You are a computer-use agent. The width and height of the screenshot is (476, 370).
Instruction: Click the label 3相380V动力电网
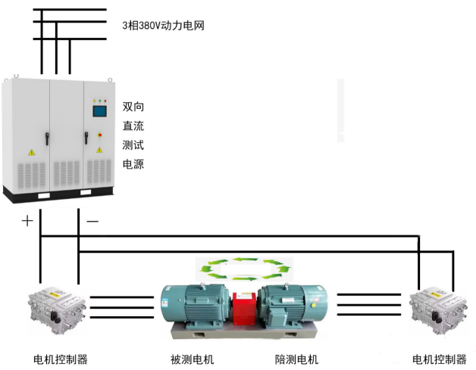[x=163, y=25]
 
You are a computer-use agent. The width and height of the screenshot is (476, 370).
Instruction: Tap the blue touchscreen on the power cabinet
[x=100, y=112]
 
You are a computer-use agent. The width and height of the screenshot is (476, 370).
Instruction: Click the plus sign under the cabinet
[x=27, y=221]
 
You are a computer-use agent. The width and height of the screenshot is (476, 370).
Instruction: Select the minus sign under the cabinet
[x=92, y=221]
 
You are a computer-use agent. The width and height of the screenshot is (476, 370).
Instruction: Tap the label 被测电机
[x=193, y=359]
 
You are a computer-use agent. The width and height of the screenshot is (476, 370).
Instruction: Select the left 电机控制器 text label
[x=61, y=359]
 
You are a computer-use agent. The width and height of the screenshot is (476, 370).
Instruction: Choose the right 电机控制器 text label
[x=439, y=359]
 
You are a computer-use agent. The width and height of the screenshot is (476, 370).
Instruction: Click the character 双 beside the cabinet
[x=128, y=107]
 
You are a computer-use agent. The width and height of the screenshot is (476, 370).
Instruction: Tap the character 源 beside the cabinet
[x=139, y=163]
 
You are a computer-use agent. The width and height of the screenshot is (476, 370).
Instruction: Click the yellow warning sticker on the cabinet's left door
[x=31, y=152]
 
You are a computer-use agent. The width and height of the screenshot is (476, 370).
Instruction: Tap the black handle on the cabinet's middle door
[x=46, y=138]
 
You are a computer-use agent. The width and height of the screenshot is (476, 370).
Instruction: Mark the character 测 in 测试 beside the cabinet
[x=128, y=145]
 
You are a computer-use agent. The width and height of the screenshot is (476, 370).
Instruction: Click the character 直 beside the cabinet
[x=128, y=126]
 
